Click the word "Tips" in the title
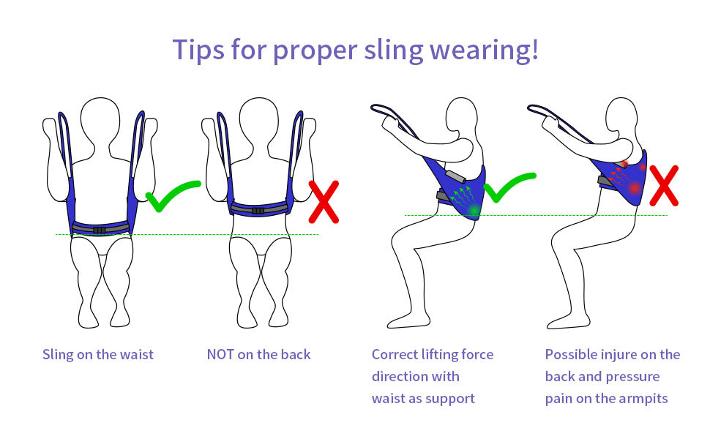pyautogui.click(x=198, y=50)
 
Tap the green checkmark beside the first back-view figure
pyautogui.click(x=173, y=195)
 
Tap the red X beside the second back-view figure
pyautogui.click(x=324, y=202)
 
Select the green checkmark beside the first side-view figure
pyautogui.click(x=509, y=187)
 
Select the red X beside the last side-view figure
pyautogui.click(x=664, y=186)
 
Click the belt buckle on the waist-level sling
pyautogui.click(x=100, y=230)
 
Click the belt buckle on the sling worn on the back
pyautogui.click(x=258, y=211)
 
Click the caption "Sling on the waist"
pyautogui.click(x=98, y=354)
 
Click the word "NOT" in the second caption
pyautogui.click(x=220, y=354)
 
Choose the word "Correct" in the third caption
pyautogui.click(x=395, y=354)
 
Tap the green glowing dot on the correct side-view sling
pyautogui.click(x=474, y=210)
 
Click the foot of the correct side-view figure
pyautogui.click(x=408, y=320)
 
